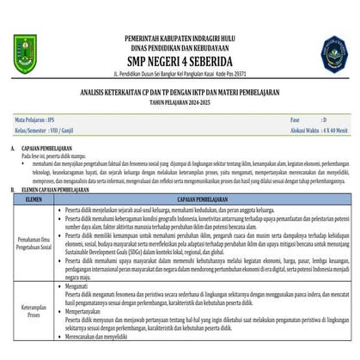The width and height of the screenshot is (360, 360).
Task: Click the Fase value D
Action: click(323, 119)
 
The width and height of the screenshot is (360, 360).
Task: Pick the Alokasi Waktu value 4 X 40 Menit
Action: click(336, 131)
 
